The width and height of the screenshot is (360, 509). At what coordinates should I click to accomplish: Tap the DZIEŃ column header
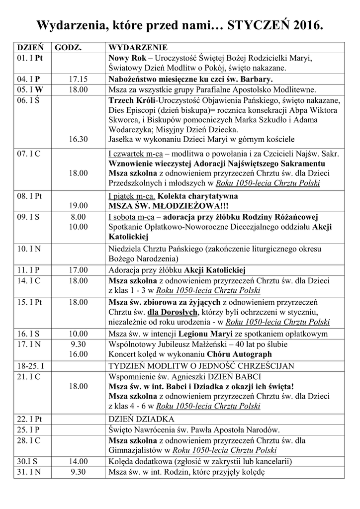30,48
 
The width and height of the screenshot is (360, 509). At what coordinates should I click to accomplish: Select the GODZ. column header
68,48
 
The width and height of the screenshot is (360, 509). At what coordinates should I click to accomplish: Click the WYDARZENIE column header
138,48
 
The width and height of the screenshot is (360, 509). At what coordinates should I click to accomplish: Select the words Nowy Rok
126,59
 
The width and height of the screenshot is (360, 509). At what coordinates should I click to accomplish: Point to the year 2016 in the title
306,25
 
